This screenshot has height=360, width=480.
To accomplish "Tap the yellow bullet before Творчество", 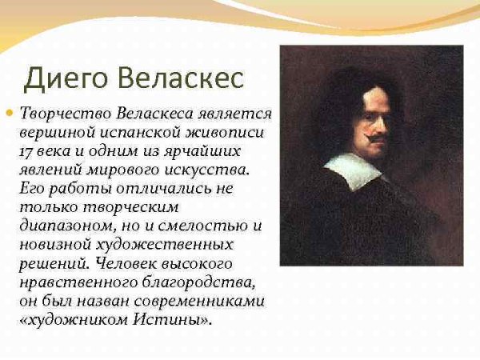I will (x=10, y=113).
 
